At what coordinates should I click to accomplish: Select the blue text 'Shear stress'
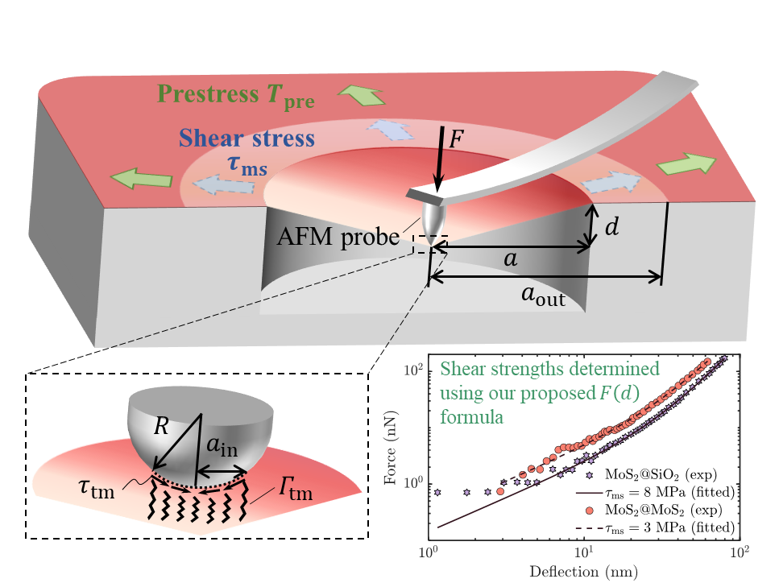click(247, 139)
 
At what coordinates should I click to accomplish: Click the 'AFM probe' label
click(338, 238)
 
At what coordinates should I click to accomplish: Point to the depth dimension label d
click(612, 228)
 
